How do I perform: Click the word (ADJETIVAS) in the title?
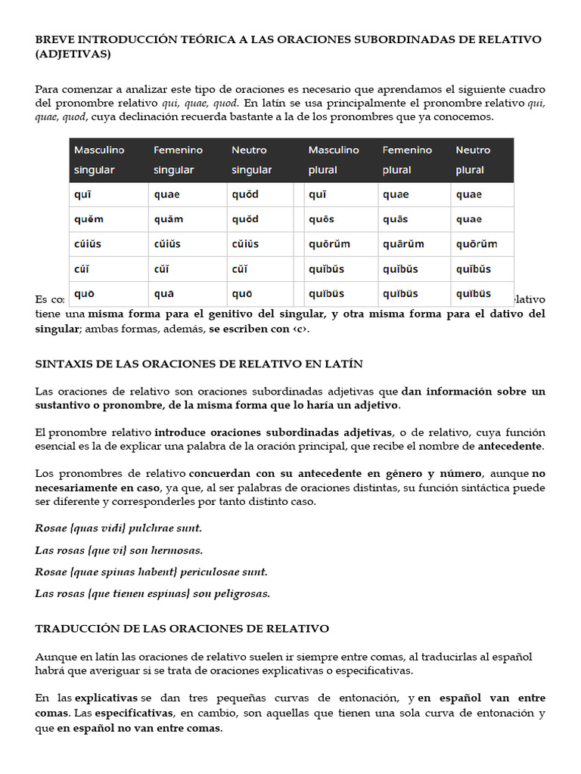73,54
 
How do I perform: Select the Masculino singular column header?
99,159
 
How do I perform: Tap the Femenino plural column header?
408,159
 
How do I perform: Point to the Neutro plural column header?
473,159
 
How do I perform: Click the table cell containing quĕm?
89,219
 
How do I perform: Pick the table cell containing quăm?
169,219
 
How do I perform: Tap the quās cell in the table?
395,219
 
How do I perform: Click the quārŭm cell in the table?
403,244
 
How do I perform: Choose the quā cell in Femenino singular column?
164,293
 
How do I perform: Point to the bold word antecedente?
509,446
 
